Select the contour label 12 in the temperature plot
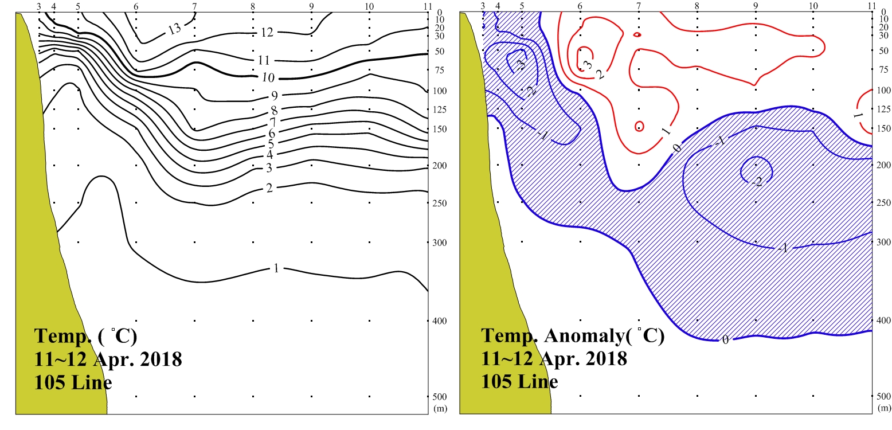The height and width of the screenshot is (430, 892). coord(266,33)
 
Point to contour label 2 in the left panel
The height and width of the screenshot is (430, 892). coord(269,187)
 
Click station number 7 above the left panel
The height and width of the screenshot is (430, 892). coord(195,7)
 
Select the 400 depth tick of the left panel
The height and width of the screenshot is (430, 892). coord(439,320)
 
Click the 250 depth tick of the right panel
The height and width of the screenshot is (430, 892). coord(883,203)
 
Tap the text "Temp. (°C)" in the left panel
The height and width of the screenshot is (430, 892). coord(85,336)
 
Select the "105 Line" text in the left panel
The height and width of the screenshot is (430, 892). coord(73,382)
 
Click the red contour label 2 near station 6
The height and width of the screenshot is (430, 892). coord(600,75)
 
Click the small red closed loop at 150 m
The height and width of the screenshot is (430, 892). coord(639,126)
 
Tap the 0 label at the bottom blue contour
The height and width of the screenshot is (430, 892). coord(725,339)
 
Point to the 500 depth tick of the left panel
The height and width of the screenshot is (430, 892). coord(439,397)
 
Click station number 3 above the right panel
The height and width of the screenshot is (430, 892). coord(483,7)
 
